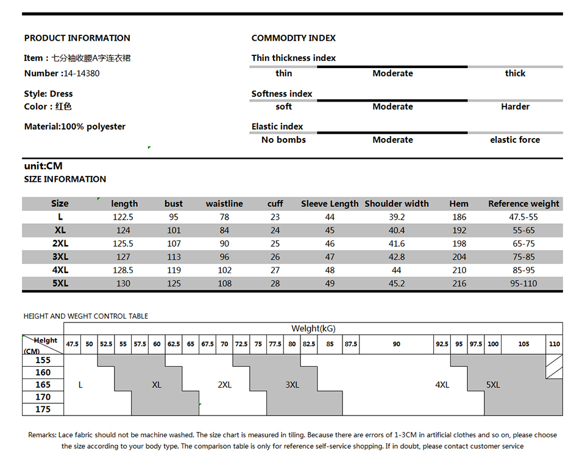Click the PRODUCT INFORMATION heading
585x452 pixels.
pos(77,38)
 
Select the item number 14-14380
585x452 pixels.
pos(81,73)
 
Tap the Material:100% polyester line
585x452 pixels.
pos(74,127)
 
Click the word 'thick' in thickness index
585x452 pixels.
pos(515,73)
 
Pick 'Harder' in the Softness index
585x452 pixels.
pos(515,106)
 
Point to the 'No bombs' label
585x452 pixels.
pos(283,139)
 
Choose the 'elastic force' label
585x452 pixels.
pos(515,139)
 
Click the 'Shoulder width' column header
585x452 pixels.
pos(396,204)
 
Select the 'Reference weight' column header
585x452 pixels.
pos(523,204)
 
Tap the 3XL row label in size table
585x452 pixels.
pos(60,257)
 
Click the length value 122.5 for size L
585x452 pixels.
pos(122,217)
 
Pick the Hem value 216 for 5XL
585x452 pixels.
pos(459,283)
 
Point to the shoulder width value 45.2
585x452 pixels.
pos(396,283)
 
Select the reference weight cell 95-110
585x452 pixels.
pos(523,283)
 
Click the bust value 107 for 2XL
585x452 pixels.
pos(174,243)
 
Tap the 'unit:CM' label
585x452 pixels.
pos(43,166)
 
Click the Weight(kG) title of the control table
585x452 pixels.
pos(313,329)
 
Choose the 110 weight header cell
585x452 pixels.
pos(554,344)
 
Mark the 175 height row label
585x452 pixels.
pos(43,409)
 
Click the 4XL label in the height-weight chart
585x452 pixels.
pos(442,384)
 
